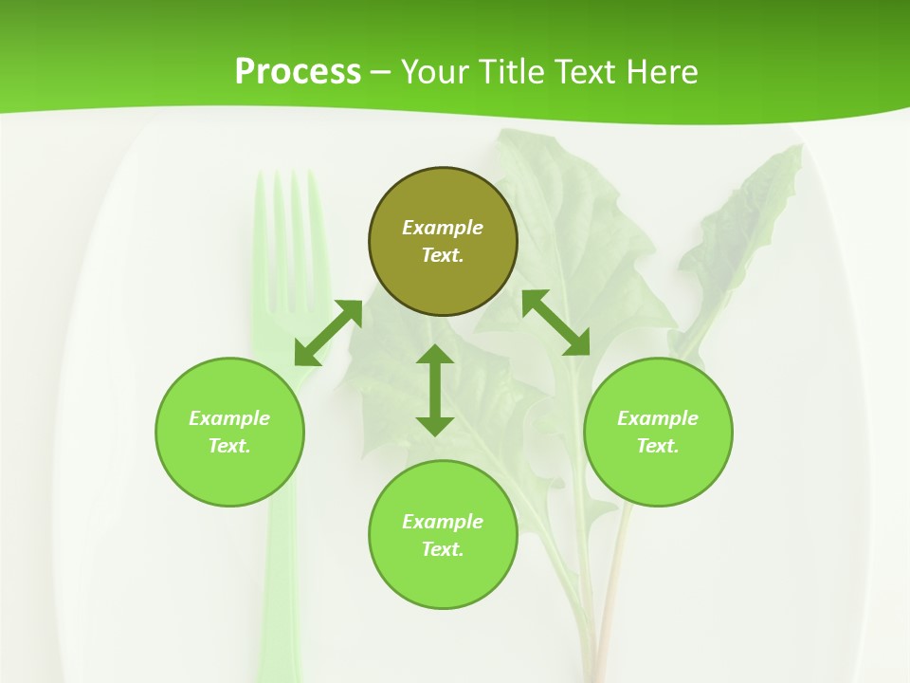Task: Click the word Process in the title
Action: click(298, 72)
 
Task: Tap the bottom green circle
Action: click(443, 579)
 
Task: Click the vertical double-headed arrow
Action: click(435, 390)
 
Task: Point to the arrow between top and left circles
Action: click(328, 333)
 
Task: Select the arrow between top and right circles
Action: click(556, 323)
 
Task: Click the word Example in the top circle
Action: click(443, 228)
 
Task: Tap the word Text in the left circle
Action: click(229, 446)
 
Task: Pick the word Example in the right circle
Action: click(658, 418)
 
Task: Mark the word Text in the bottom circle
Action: click(443, 549)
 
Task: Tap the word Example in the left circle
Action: click(229, 418)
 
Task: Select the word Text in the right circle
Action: click(658, 446)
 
